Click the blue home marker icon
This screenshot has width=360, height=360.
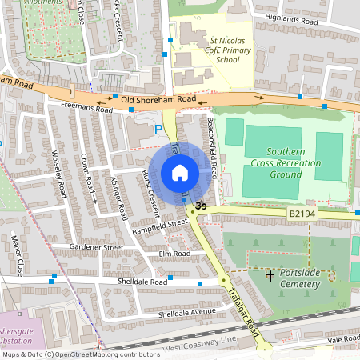180,173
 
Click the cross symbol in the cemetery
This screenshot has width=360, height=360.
270,276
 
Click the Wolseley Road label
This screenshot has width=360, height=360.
58,177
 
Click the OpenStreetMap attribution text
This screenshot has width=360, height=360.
80,354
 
